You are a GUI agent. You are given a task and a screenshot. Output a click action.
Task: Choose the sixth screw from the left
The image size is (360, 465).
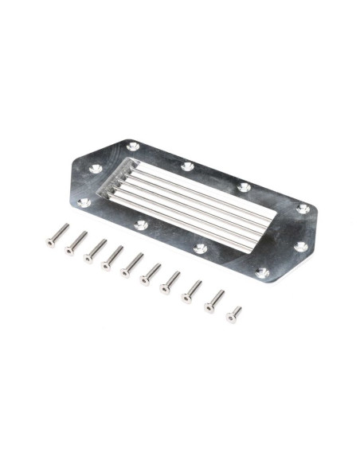(x=149, y=273)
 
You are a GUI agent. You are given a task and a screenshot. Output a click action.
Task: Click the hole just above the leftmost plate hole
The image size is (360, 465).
(x=96, y=169)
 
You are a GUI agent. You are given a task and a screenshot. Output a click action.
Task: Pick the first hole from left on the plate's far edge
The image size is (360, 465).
(x=133, y=147)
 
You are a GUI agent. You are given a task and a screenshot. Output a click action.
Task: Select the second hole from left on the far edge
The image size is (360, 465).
(x=187, y=166)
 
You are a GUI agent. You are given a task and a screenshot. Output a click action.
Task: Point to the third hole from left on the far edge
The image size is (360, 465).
(x=245, y=188)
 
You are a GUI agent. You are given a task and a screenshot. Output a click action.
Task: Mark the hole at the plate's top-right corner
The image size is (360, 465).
(x=302, y=209)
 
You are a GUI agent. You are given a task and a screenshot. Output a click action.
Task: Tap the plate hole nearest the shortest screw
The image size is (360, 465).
(x=262, y=272)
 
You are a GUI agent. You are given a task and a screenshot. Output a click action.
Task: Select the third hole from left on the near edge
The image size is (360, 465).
(x=201, y=249)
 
